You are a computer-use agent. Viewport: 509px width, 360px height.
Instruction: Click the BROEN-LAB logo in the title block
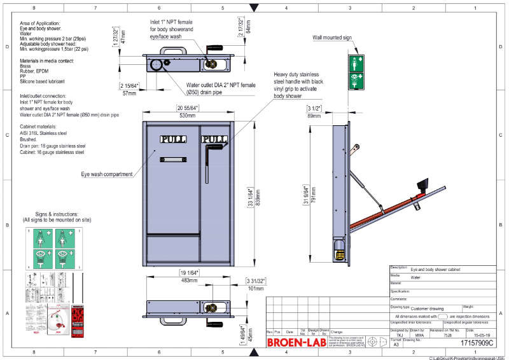(x=291, y=342)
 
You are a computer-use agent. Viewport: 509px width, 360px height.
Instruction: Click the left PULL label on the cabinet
(x=172, y=139)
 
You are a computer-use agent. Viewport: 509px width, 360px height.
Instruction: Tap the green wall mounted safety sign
(x=356, y=71)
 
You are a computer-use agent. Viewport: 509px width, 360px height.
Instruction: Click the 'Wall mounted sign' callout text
(x=331, y=38)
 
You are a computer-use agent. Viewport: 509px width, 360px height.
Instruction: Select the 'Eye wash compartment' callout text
(x=107, y=174)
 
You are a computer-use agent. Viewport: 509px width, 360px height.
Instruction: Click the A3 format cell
(x=396, y=343)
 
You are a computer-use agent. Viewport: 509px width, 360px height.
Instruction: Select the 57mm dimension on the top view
(x=130, y=93)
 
